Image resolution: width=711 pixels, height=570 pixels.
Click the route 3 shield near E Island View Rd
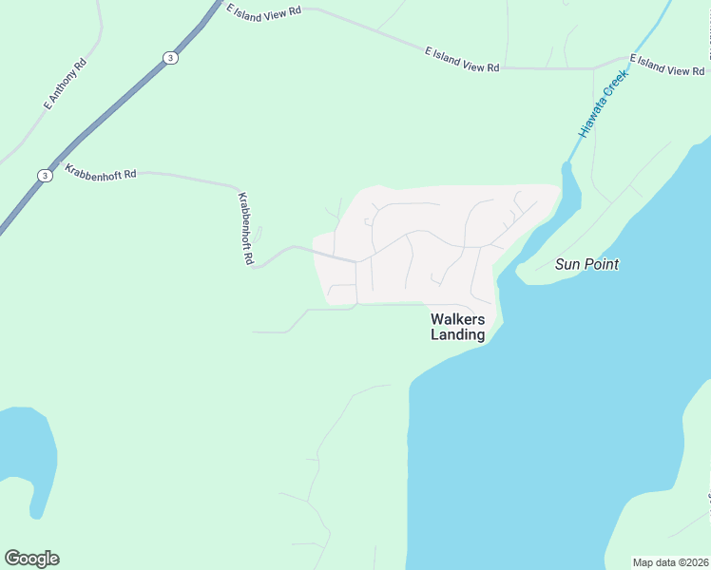click(169, 57)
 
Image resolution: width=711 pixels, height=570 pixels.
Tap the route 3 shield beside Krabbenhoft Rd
click(45, 176)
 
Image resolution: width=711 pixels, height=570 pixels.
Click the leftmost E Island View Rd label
click(263, 10)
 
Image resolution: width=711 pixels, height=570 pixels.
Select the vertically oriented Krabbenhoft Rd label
click(245, 228)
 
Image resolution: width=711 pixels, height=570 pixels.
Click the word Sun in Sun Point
click(567, 264)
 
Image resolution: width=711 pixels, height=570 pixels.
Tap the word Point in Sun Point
click(602, 264)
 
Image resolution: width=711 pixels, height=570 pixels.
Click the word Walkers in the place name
click(458, 319)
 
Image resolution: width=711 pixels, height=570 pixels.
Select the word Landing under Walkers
click(458, 334)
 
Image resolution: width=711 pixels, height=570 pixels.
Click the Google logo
click(31, 559)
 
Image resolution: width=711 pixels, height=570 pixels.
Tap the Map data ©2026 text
click(670, 562)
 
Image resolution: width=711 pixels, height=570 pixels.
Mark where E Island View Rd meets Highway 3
click(217, 9)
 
